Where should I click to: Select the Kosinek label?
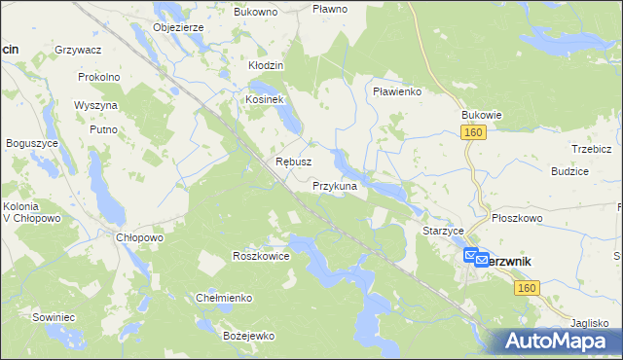coord(264,99)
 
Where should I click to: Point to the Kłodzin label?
coord(265,65)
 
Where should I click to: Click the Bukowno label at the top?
coord(256,12)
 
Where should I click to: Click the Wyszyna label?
coord(95,104)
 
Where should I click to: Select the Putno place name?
coord(103,128)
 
